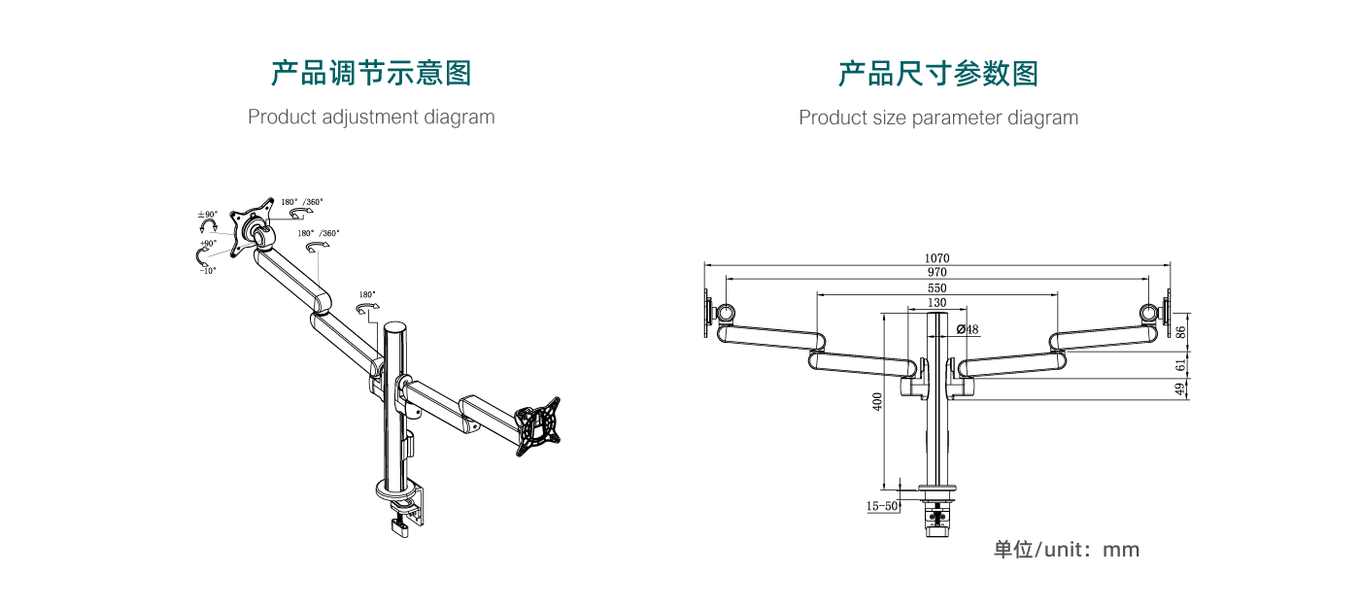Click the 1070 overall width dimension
pos(937,258)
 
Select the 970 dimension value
pos(936,273)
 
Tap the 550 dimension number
pos(936,288)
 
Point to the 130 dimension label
pos(936,303)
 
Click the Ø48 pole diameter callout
pos(968,329)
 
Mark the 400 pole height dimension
pos(877,402)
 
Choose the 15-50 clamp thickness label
pos(882,506)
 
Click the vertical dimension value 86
pos(1181,331)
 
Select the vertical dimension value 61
pos(1181,365)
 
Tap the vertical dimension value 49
pos(1181,388)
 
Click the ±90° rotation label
pos(208,215)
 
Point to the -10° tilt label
pos(208,271)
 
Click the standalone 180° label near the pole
pos(367,294)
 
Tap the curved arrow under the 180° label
pos(368,309)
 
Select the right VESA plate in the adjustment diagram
pos(537,426)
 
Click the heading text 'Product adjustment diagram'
pos(371,118)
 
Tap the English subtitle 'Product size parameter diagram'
pos(938,118)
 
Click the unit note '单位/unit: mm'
pos(1066,550)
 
